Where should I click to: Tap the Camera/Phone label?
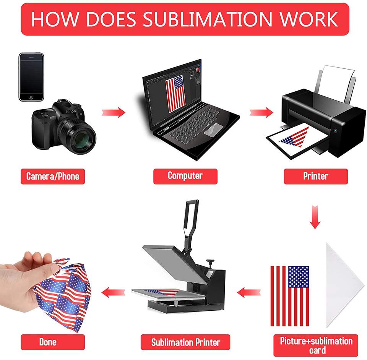pyautogui.click(x=53, y=177)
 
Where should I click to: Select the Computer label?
pyautogui.click(x=185, y=176)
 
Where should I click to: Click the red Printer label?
pyautogui.click(x=316, y=176)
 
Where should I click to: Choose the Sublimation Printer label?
pyautogui.click(x=185, y=342)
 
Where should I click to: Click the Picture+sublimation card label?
pyautogui.click(x=316, y=345)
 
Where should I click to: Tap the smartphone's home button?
pyautogui.click(x=31, y=97)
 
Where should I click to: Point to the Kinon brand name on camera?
pyautogui.click(x=71, y=112)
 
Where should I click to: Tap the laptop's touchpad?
pyautogui.click(x=213, y=130)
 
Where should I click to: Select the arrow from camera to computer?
pyautogui.click(x=114, y=112)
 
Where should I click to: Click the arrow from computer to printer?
pyautogui.click(x=261, y=112)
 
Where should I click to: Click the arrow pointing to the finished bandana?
pyautogui.click(x=113, y=292)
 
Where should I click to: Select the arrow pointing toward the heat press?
pyautogui.click(x=249, y=292)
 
